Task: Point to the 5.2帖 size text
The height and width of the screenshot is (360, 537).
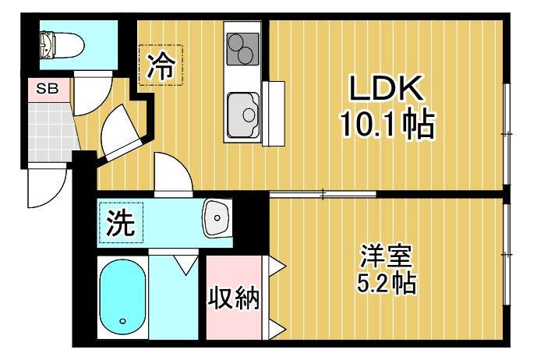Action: click(x=386, y=281)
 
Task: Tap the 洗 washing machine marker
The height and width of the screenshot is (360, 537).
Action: click(x=121, y=224)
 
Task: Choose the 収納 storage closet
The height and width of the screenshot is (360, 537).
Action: click(x=231, y=298)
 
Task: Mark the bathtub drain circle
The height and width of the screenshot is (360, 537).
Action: click(x=122, y=321)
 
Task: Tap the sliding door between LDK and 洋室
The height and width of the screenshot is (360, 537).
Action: click(x=323, y=192)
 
